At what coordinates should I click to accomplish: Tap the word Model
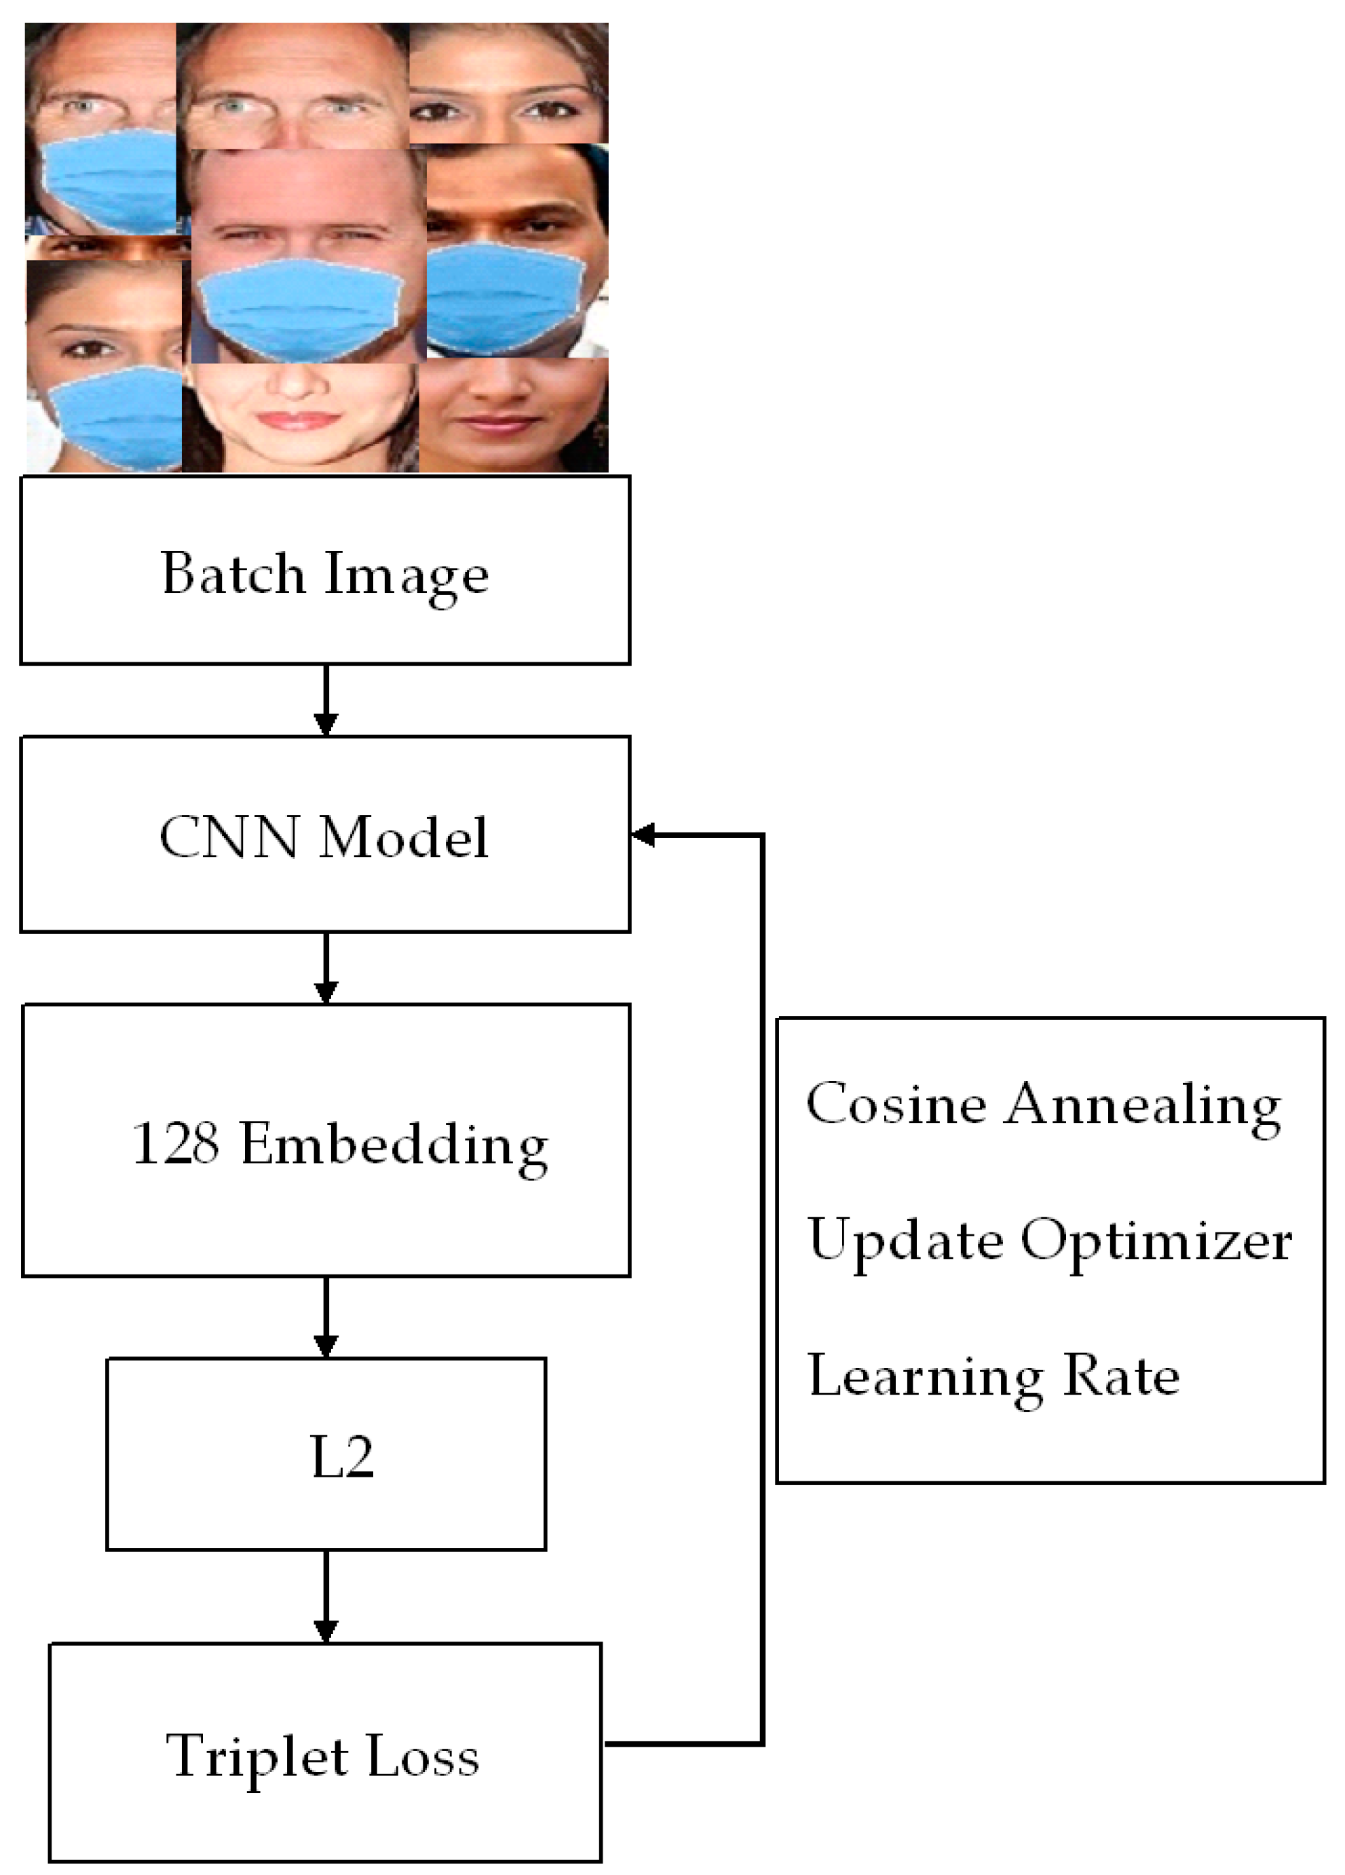tap(403, 837)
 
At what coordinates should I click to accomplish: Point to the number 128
tap(175, 1144)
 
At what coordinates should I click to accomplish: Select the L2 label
tap(341, 1457)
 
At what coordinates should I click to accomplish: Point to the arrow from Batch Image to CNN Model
tap(326, 700)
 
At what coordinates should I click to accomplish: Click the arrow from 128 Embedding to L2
tap(326, 1317)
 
